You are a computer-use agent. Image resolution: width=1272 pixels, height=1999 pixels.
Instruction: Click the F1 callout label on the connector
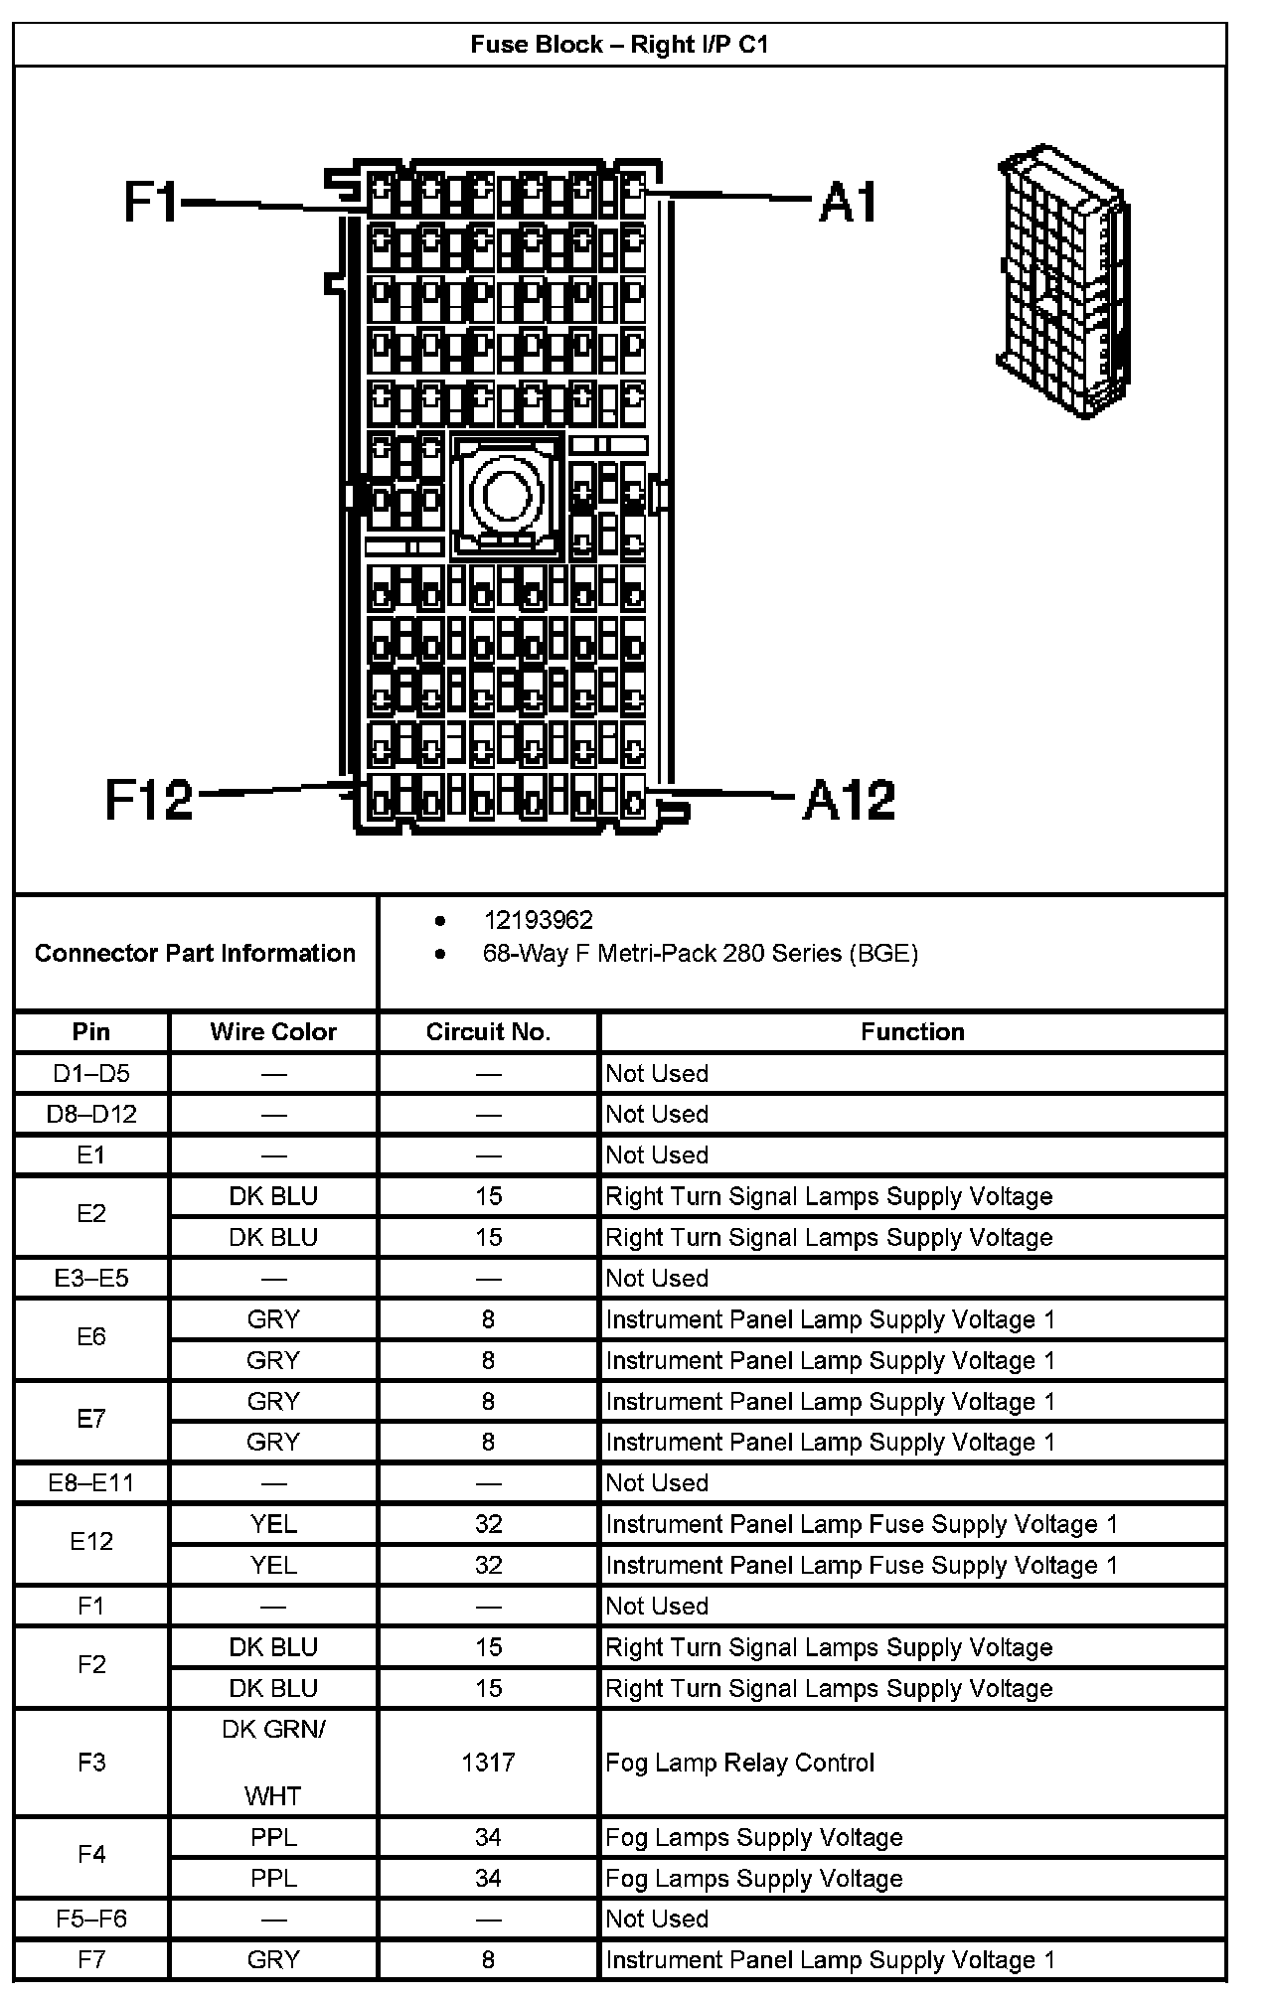(149, 201)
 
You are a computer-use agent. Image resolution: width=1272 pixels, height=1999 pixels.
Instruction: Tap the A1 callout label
(850, 203)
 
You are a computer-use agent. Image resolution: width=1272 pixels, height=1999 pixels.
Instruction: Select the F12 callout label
(149, 799)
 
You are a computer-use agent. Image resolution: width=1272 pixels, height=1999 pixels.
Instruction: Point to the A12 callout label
(850, 800)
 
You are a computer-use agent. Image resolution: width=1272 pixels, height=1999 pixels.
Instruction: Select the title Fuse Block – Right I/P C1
(619, 45)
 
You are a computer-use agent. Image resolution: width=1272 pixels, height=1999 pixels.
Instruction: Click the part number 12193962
(538, 920)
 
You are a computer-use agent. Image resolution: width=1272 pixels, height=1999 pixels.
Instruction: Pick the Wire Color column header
(273, 1031)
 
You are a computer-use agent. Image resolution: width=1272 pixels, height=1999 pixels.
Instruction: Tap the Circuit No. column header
(488, 1031)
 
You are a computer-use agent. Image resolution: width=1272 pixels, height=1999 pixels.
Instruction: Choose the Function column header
(912, 1031)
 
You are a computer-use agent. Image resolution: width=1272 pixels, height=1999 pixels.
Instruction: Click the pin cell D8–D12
(91, 1114)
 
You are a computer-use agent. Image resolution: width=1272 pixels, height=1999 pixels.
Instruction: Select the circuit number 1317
(488, 1763)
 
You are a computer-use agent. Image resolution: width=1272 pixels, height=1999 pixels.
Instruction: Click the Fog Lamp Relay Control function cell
(740, 1763)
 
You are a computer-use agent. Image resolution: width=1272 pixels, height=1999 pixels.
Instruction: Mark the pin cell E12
(91, 1541)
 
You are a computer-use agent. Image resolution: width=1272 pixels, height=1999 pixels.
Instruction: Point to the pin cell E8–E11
(91, 1482)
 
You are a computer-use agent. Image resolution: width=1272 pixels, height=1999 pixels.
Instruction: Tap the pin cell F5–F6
(91, 1919)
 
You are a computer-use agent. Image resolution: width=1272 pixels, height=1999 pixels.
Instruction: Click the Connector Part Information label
(195, 953)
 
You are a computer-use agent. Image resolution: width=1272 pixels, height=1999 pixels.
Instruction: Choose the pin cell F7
(91, 1959)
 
